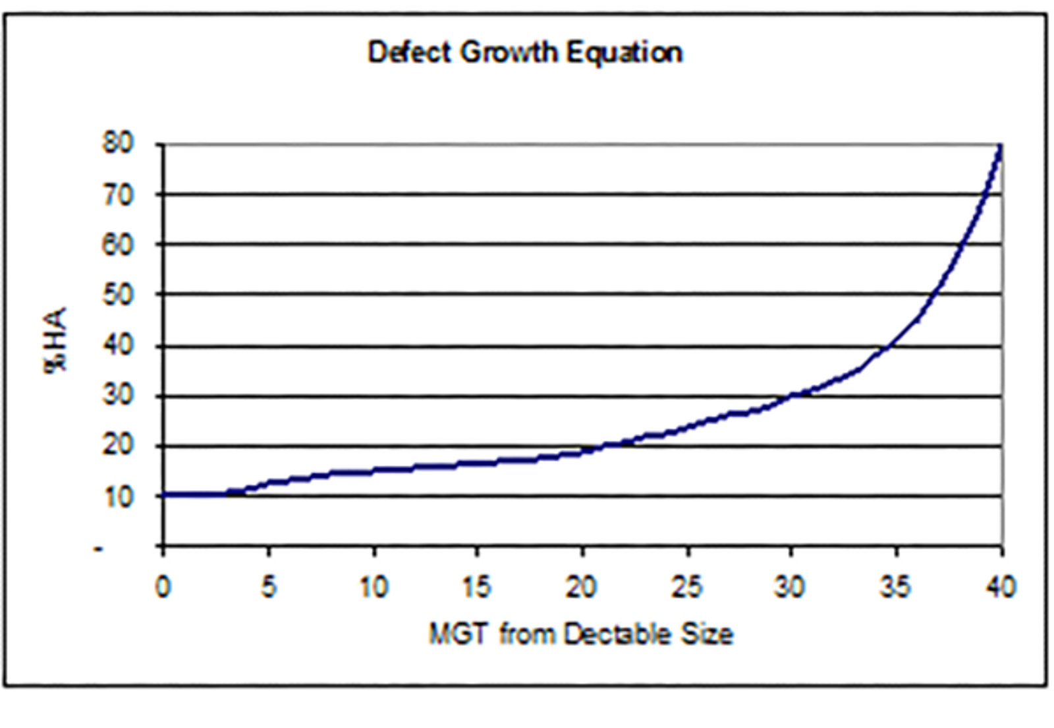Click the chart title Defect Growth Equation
[525, 53]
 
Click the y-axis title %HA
[55, 340]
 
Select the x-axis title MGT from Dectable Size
[581, 634]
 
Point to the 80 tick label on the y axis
[119, 143]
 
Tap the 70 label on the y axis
[119, 195]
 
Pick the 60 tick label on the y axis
[119, 245]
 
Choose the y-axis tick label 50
[119, 295]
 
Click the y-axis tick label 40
[119, 345]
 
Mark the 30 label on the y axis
[119, 396]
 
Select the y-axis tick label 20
[119, 446]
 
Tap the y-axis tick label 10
[119, 497]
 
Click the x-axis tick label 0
[163, 586]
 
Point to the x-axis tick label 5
[268, 586]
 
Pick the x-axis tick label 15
[476, 586]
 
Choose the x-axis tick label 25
[686, 586]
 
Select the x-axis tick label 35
[895, 586]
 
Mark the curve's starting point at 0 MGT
[164, 495]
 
